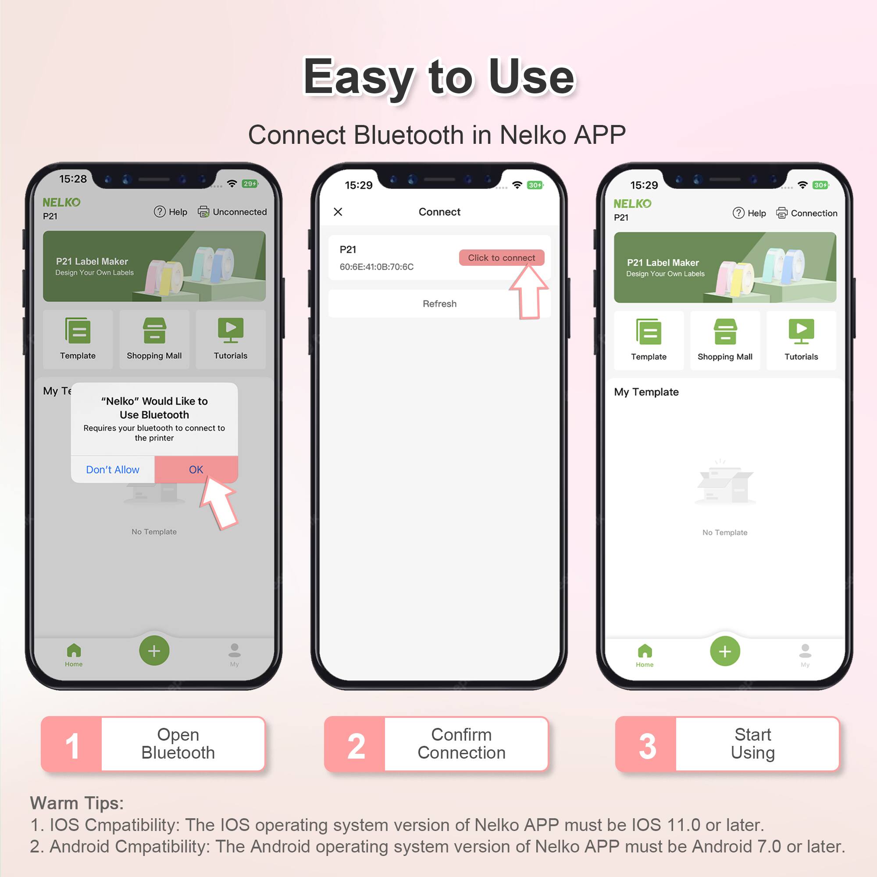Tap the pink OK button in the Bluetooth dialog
point(196,469)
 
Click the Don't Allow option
point(113,469)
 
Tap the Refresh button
point(439,304)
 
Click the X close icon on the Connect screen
point(338,212)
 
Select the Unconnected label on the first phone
point(239,212)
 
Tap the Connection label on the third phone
point(813,214)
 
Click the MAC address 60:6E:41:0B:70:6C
point(376,267)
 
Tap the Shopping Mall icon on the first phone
point(154,331)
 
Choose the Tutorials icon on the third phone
point(801,332)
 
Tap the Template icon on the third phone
point(649,332)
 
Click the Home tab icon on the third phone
point(645,652)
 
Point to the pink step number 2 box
point(356,745)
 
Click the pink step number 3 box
point(647,745)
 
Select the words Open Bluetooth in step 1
point(178,744)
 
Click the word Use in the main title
point(531,77)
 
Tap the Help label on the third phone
point(756,214)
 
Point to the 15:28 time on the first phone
point(73,179)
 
